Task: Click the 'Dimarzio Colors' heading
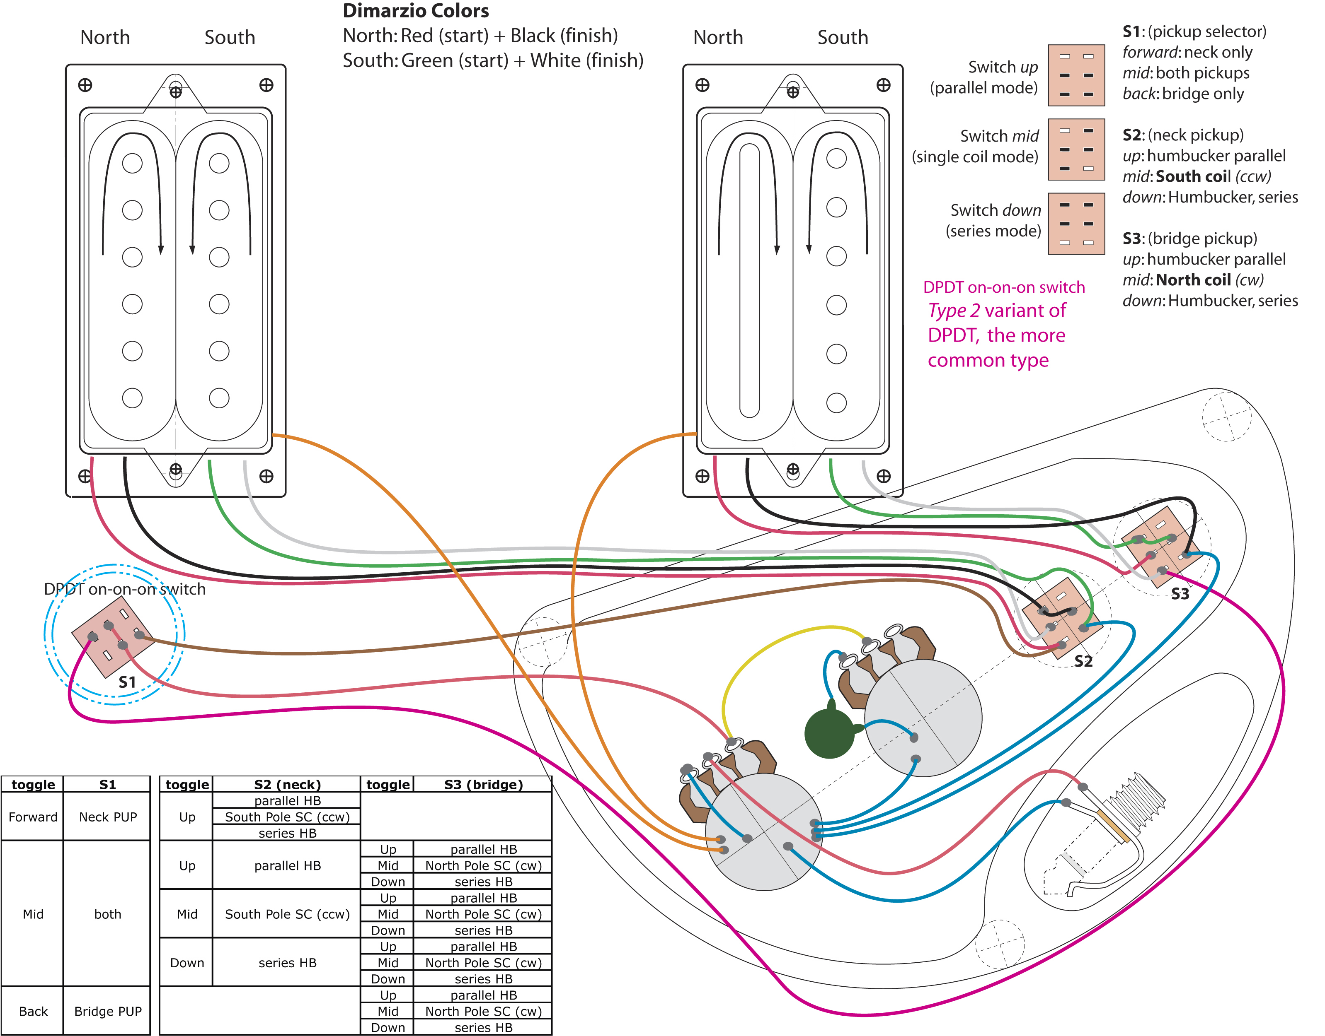coord(416,11)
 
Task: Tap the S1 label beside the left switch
coord(127,682)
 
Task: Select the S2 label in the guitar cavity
coord(1083,661)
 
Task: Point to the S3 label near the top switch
coord(1180,594)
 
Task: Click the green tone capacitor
coord(830,733)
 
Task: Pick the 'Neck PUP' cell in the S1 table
coord(108,817)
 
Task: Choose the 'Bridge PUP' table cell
coord(108,1011)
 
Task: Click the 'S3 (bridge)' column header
coord(483,784)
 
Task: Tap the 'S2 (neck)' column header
coord(287,784)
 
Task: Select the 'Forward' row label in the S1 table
coord(33,817)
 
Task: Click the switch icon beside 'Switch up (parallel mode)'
coord(1076,75)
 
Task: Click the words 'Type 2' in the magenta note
coord(954,311)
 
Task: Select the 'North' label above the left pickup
coord(105,38)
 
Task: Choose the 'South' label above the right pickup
coord(843,38)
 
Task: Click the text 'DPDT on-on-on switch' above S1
coord(124,589)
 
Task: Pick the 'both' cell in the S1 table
coord(108,914)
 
